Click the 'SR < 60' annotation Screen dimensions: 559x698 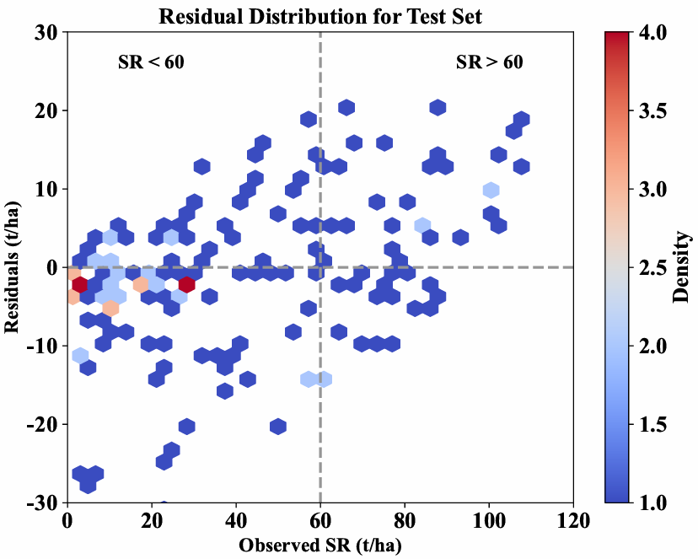pos(149,62)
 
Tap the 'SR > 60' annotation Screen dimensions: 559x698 pos(489,62)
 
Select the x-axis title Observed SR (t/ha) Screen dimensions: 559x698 pos(320,545)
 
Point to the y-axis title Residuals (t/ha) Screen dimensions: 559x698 pos(14,267)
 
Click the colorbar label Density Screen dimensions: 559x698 pos(682,267)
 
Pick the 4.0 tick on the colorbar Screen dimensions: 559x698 pos(652,33)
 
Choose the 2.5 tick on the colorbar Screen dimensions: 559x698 pos(652,267)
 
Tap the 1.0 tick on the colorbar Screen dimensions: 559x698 pos(652,503)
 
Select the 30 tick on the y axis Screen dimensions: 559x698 pos(46,33)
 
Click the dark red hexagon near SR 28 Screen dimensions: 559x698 pos(186,284)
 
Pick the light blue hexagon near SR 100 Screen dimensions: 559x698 pos(491,190)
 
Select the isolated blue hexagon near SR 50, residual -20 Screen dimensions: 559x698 pos(278,425)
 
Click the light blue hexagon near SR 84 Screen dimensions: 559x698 pos(422,225)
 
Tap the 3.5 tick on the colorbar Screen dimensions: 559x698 pos(652,110)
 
